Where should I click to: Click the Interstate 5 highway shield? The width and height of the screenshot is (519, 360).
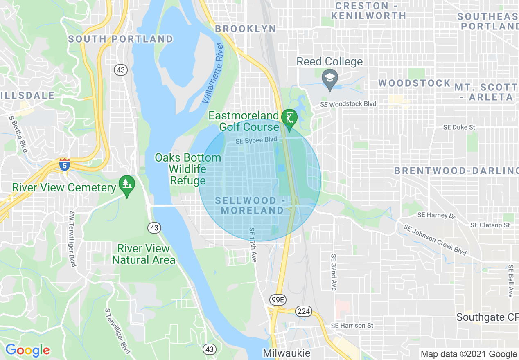coord(64,164)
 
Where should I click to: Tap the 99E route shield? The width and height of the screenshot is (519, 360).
coord(278,300)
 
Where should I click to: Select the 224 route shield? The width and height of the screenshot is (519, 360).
coord(304,311)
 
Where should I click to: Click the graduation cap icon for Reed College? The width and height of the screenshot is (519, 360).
coord(329,77)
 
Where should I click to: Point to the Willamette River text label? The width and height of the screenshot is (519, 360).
coord(213,73)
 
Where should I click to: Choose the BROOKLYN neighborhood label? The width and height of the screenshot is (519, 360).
coord(245,29)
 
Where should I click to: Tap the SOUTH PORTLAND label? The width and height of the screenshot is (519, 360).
coord(120,39)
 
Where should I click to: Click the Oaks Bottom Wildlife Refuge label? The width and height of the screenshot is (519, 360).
coord(188,169)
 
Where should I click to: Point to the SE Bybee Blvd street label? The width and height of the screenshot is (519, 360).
coord(256,140)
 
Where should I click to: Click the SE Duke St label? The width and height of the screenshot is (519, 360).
coord(459,127)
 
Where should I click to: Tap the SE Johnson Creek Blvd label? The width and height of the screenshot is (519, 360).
coord(435,240)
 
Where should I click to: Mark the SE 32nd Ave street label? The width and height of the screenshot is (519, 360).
coord(334,272)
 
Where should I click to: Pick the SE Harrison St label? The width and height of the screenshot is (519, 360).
coord(352,326)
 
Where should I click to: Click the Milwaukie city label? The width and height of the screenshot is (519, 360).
coord(287,353)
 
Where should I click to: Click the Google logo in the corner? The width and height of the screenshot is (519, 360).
coord(27,350)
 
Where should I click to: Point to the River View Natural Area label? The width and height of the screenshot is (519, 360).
coord(143,254)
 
